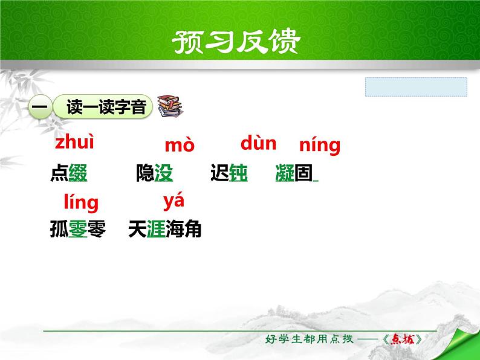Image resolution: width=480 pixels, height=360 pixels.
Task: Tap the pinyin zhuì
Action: [x=75, y=143]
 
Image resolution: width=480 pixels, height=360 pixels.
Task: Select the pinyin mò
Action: [x=180, y=146]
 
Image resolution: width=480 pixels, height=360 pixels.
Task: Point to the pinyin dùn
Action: [x=258, y=143]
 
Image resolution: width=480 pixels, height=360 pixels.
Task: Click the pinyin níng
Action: [x=320, y=146]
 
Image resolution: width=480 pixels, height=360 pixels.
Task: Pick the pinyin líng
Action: [x=81, y=202]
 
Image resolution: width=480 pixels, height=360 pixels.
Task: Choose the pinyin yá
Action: [x=174, y=200]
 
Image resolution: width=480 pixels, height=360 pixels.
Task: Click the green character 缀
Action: [x=78, y=174]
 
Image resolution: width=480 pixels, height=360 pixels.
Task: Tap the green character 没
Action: [x=164, y=174]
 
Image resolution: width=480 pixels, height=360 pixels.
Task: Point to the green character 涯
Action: [x=156, y=230]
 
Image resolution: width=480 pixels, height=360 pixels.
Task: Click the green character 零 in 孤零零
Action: [x=78, y=230]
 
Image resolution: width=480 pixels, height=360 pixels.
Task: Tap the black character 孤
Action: [x=59, y=230]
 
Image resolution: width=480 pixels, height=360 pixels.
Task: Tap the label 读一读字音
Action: [x=103, y=108]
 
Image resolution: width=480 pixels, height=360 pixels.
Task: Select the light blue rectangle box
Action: [x=416, y=87]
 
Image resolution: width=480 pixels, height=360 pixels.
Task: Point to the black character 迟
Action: [x=219, y=174]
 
